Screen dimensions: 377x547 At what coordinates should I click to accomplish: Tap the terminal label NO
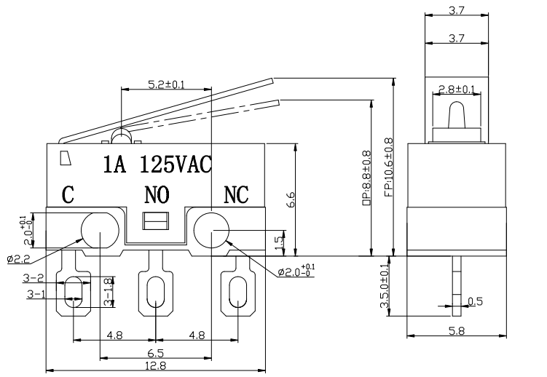pos(156,194)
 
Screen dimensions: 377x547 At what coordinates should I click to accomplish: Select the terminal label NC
pos(235,194)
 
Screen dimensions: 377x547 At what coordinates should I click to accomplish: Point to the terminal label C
pos(68,194)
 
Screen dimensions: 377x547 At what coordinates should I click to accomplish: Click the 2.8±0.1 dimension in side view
pos(455,90)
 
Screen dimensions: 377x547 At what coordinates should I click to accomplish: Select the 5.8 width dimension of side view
pos(455,329)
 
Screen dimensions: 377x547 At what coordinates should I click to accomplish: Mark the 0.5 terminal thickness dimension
pos(475,301)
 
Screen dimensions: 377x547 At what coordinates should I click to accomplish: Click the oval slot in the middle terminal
pos(155,293)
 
